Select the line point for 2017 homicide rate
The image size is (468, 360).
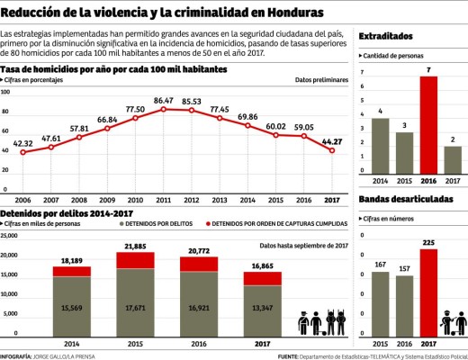tap(334, 150)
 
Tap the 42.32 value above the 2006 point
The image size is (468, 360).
tap(23, 142)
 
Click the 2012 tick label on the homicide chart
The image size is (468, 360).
tap(192, 200)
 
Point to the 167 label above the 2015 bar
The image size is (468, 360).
tap(380, 264)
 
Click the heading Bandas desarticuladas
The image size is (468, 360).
tap(405, 199)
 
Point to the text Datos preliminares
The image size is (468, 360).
tap(320, 80)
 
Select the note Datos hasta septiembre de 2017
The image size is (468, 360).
tap(302, 244)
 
